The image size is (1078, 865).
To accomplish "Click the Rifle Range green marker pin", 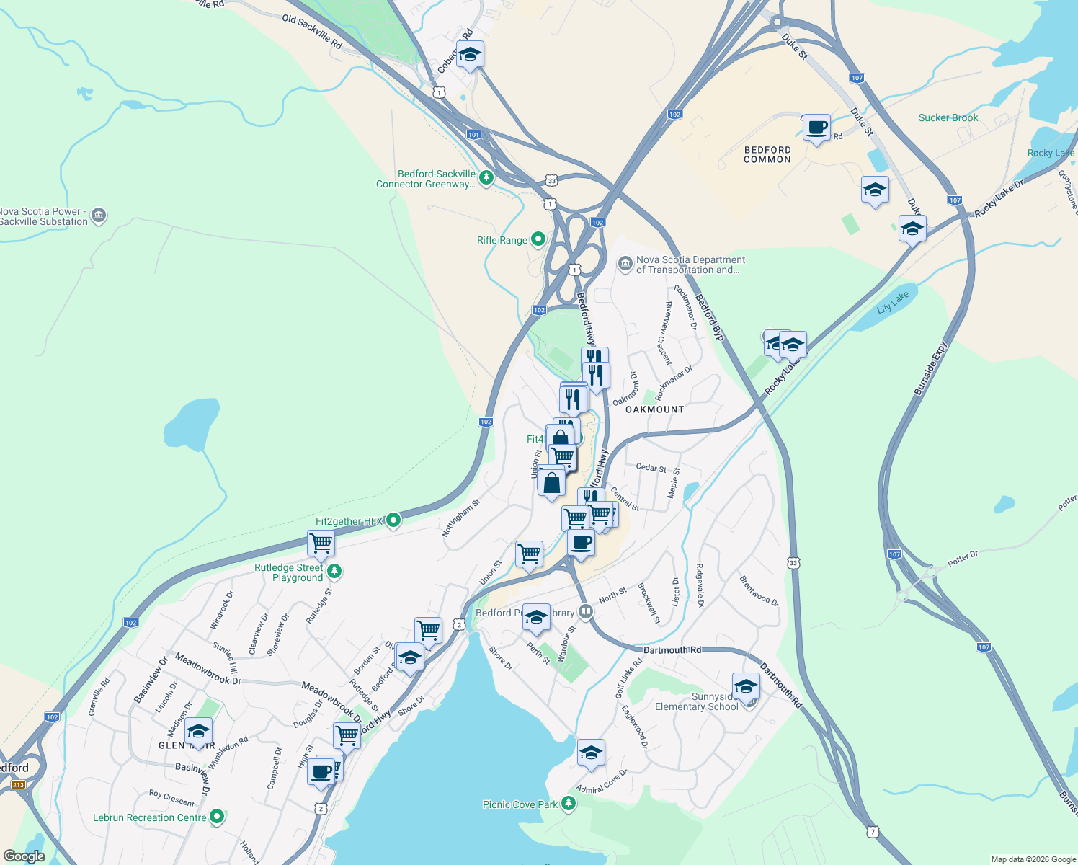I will point(538,239).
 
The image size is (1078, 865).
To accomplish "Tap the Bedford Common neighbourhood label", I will point(767,155).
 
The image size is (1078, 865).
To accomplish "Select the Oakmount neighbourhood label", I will point(654,409).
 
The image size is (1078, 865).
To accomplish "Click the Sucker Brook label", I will point(948,117).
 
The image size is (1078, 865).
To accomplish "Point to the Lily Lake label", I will point(893,302).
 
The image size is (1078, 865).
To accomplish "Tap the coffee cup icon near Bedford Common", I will point(816,128).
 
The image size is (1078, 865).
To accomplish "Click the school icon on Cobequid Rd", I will point(470,55).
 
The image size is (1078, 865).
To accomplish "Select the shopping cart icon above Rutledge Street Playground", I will point(321,544).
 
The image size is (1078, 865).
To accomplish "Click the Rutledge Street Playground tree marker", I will point(334,572).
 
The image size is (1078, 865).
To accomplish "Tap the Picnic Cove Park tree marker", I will point(569,804).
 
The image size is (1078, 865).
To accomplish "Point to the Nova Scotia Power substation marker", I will point(99,215).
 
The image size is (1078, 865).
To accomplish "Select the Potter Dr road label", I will point(963,559).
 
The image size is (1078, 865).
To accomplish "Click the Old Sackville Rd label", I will point(312,32).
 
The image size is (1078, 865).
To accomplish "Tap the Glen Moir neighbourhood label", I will point(186,745).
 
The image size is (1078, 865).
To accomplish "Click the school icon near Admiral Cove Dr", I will point(590,753).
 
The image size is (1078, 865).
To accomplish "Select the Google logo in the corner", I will point(24,856).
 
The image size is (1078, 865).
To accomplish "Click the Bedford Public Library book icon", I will point(586,612).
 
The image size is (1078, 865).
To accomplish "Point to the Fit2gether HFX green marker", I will point(393,520).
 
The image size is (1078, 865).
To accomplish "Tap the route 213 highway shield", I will point(18,785).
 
